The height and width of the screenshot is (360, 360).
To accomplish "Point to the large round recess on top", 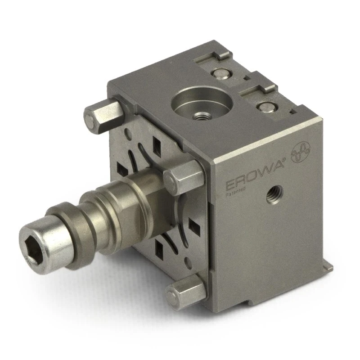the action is coord(202,104).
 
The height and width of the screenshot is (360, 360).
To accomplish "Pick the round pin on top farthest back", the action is coord(221,74).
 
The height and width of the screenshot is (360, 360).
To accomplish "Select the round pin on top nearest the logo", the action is coord(267,107).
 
